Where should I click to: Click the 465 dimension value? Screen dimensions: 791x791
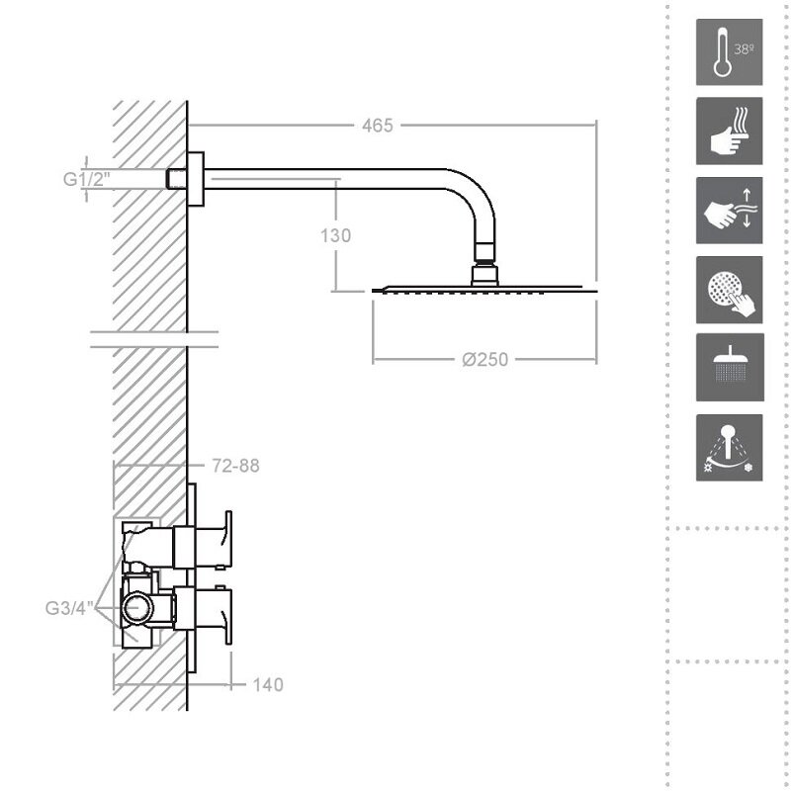(378, 126)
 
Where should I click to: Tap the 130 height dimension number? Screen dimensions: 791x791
(335, 235)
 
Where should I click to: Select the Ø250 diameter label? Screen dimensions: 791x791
(484, 360)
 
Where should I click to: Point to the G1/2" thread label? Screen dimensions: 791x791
(86, 179)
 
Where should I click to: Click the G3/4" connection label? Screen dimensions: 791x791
(69, 608)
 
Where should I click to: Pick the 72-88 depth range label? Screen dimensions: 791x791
(235, 466)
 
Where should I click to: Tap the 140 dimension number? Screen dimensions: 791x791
(268, 685)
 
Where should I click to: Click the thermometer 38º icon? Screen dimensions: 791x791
(729, 52)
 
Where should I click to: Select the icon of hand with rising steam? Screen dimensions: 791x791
(729, 132)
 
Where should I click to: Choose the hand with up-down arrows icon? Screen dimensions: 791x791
(729, 211)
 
